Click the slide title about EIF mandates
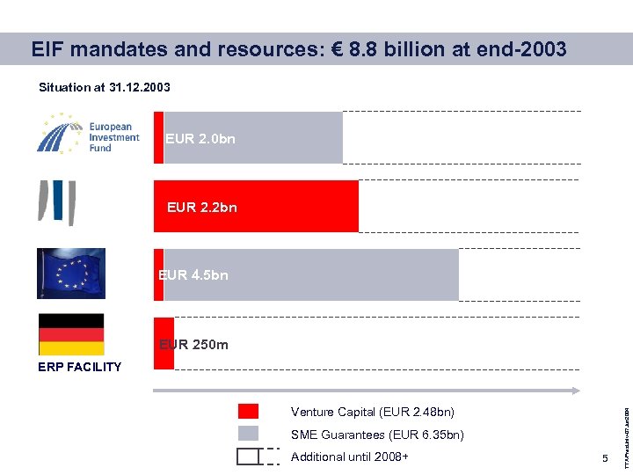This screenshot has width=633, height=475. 299,49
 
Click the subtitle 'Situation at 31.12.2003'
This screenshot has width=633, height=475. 105,87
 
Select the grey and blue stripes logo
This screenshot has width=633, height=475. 56,202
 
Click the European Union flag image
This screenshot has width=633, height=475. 71,274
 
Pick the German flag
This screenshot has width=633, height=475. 71,334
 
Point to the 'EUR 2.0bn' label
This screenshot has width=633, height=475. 200,139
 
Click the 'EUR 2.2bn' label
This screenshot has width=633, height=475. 202,208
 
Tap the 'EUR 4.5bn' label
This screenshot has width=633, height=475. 193,275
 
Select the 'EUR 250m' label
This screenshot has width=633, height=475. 193,345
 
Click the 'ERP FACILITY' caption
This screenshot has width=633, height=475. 80,367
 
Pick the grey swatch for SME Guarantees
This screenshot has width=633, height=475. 249,434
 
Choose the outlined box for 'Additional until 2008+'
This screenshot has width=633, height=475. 249,457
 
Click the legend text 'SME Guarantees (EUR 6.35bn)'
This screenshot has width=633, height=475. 377,435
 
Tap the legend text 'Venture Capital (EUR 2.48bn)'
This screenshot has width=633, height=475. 373,412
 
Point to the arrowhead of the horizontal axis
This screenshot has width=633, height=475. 576,390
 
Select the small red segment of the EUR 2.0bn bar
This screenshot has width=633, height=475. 158,137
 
